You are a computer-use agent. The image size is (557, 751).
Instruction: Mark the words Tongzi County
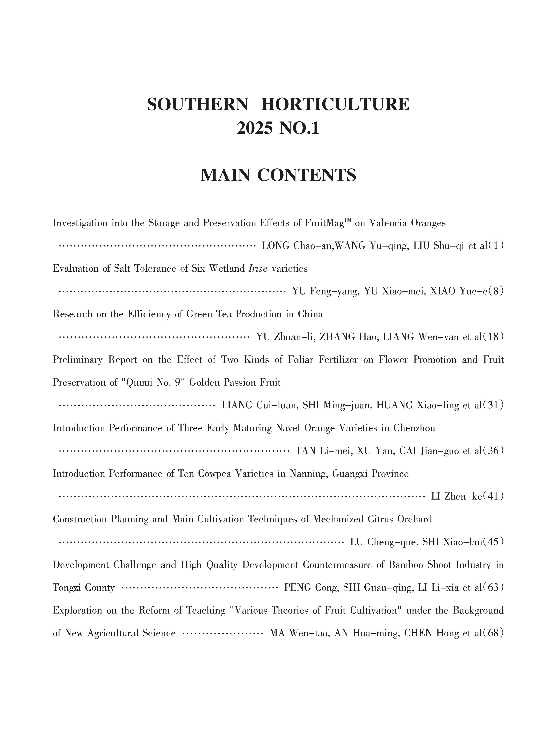point(84,588)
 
